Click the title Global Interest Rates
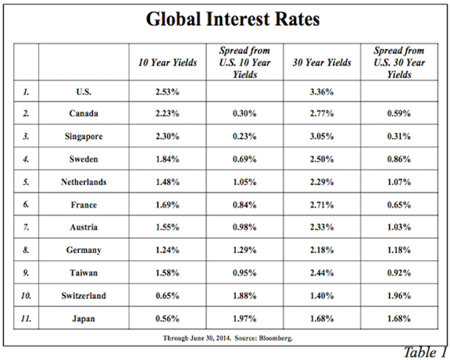tap(233, 19)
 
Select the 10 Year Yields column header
tap(168, 62)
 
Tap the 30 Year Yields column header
tap(322, 62)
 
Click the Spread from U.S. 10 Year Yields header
tap(245, 62)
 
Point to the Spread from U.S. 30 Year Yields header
tap(399, 62)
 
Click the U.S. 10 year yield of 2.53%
tap(168, 92)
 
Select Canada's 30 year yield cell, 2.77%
tap(322, 113)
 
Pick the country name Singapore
tap(84, 137)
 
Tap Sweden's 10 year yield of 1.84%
tap(168, 159)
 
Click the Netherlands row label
tap(84, 182)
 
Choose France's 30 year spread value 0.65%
tap(399, 205)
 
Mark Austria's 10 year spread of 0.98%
tap(245, 227)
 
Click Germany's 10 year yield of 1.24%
tap(168, 250)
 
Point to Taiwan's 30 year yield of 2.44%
tap(322, 273)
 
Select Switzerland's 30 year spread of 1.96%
tap(399, 296)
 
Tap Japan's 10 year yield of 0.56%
tap(168, 319)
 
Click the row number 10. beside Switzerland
tap(26, 296)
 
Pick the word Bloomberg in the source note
tap(276, 338)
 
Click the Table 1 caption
tap(425, 352)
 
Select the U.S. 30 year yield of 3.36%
tap(322, 92)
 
